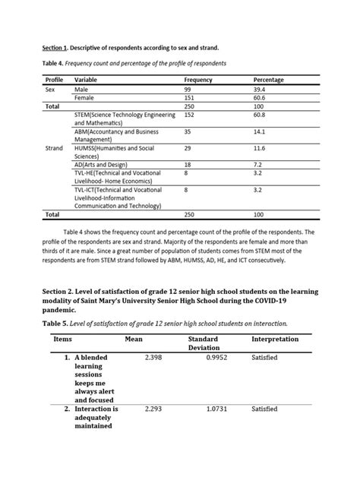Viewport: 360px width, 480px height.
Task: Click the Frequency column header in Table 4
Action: pos(198,80)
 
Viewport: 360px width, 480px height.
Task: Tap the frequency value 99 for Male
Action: pos(188,90)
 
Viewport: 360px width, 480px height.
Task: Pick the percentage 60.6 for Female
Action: pos(261,99)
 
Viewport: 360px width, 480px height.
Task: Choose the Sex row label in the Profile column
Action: pos(50,90)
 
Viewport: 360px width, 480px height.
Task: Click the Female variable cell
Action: pos(85,99)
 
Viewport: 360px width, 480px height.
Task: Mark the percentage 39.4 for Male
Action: pos(261,90)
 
